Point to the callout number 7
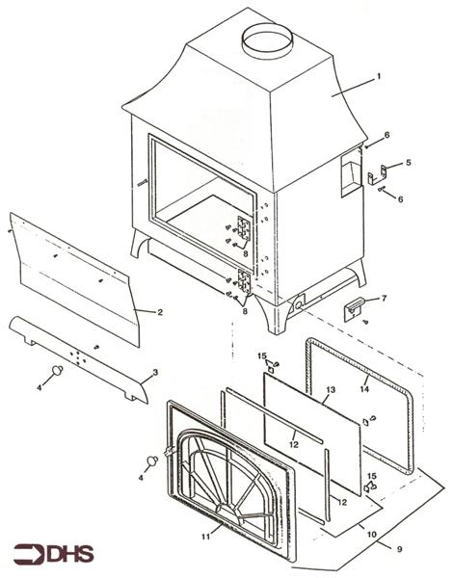pos(384,299)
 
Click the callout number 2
pos(160,311)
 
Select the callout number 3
pos(154,372)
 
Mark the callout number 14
pos(363,388)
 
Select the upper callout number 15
pos(261,357)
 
